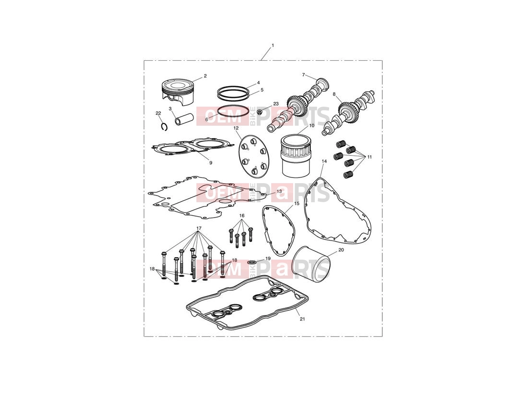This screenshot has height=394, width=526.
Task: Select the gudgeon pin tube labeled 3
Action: point(184,118)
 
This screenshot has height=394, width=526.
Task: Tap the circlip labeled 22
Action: point(164,127)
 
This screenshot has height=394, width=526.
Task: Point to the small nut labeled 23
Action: point(260,111)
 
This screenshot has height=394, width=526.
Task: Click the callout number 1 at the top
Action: point(273,45)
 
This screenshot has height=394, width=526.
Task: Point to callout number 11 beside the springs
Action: point(369,157)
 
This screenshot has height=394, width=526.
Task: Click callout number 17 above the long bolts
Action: point(199,228)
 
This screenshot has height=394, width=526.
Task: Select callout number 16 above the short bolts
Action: point(242,215)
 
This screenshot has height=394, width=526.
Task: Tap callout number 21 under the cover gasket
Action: point(302,319)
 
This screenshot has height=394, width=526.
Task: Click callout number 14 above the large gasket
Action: point(324,161)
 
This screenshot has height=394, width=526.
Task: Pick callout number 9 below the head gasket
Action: point(211,163)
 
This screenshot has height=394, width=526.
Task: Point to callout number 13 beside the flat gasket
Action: point(279,191)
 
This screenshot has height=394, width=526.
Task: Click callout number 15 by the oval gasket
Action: point(297,203)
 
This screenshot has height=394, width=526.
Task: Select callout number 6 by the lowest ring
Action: point(206,119)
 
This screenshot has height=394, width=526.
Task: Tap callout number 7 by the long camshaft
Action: point(304,75)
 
